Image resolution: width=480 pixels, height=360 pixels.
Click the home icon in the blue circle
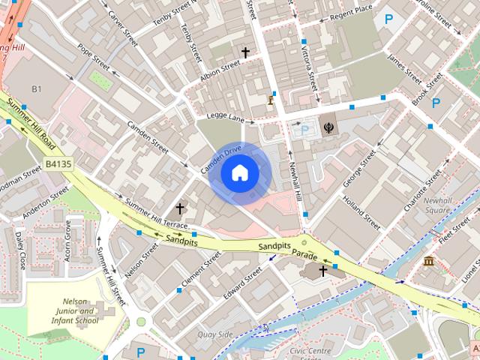[239, 173]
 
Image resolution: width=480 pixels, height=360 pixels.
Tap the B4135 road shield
[58, 163]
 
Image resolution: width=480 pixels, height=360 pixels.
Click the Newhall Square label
[436, 205]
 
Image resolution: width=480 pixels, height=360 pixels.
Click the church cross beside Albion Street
[244, 52]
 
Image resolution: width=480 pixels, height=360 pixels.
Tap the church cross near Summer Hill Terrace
[180, 208]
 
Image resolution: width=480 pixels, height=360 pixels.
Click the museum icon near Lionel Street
[428, 261]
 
